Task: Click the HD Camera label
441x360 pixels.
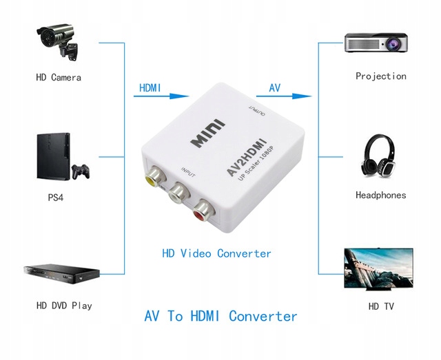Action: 59,77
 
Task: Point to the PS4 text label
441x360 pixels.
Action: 57,198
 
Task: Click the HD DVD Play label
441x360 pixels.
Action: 64,305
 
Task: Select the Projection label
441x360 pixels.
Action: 381,76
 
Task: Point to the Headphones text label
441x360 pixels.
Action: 381,195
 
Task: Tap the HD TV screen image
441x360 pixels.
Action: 377,270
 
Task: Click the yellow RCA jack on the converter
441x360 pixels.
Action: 154,177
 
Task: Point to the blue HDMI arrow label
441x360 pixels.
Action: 150,88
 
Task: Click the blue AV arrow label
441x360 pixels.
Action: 274,88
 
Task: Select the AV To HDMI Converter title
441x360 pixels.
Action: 220,317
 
